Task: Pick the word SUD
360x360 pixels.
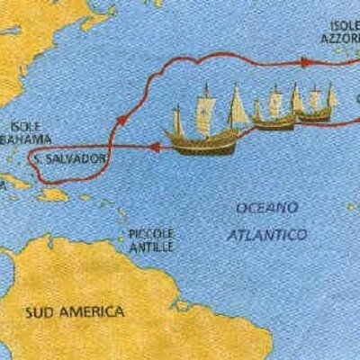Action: [40, 312]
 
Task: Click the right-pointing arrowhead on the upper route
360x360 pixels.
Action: [306, 62]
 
